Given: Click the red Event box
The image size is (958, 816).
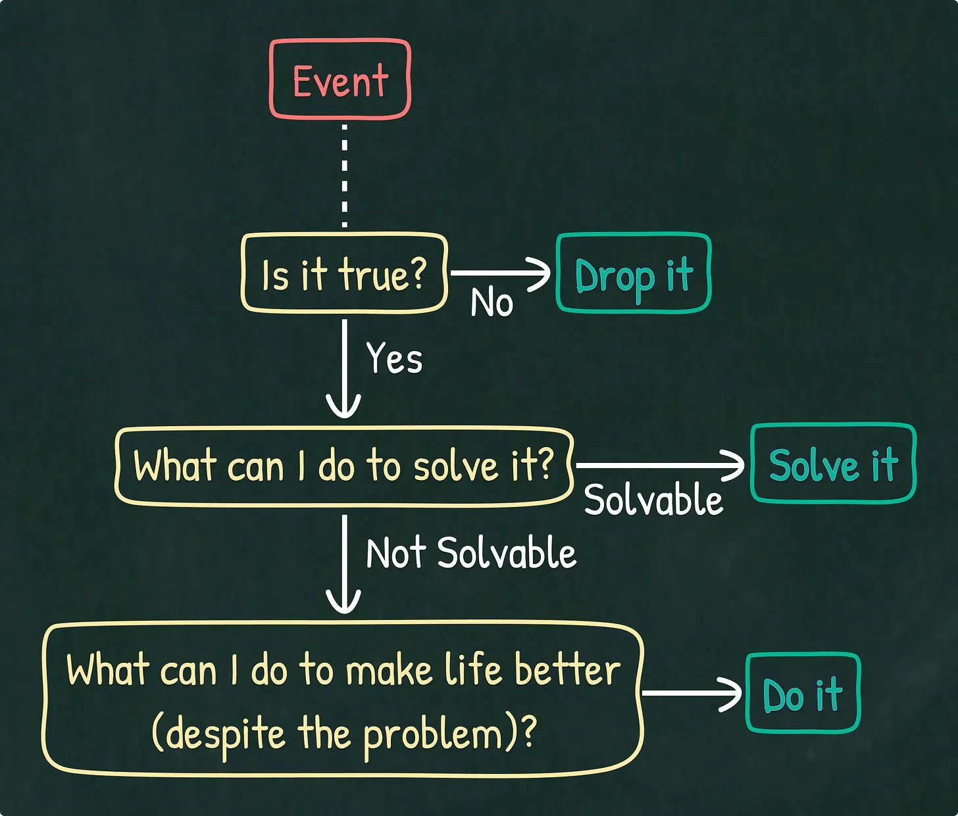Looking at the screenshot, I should pyautogui.click(x=340, y=80).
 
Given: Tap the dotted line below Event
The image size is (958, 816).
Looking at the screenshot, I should pyautogui.click(x=344, y=175).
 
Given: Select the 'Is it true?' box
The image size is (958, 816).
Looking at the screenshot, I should pyautogui.click(x=344, y=273).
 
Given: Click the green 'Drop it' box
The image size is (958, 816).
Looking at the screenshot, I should pyautogui.click(x=634, y=274).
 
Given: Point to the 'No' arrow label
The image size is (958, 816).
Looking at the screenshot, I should pyautogui.click(x=492, y=303).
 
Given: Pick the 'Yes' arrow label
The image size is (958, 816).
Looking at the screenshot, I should pyautogui.click(x=394, y=359).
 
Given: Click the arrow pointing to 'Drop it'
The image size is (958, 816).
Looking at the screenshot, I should pyautogui.click(x=500, y=272).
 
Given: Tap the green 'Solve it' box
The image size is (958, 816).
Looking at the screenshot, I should pyautogui.click(x=833, y=464).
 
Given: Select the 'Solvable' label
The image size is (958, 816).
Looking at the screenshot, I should pyautogui.click(x=653, y=500).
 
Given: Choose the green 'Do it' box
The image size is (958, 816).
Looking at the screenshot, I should pyautogui.click(x=803, y=694).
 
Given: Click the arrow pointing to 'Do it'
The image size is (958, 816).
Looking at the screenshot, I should pyautogui.click(x=691, y=693).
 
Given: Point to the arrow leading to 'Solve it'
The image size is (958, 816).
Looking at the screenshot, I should pyautogui.click(x=658, y=465).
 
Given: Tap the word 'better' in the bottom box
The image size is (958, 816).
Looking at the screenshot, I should pyautogui.click(x=567, y=670).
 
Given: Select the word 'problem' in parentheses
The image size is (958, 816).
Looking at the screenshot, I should pyautogui.click(x=433, y=734).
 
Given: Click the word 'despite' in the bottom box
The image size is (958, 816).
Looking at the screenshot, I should pyautogui.click(x=225, y=734).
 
